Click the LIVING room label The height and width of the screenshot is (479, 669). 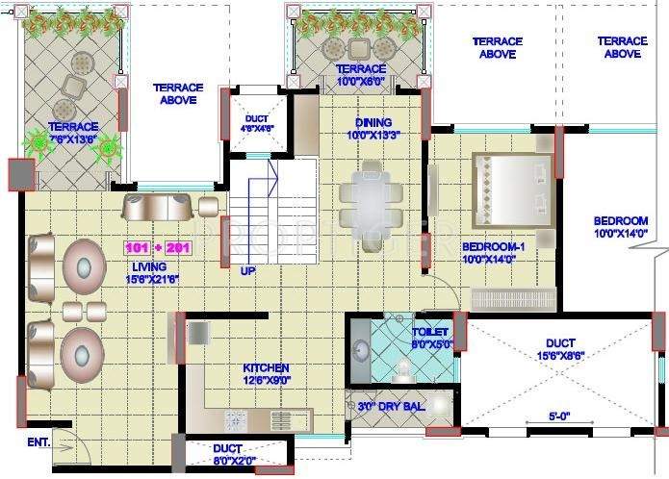[149, 266]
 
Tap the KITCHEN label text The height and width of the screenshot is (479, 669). [266, 368]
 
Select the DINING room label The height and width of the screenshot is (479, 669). [373, 122]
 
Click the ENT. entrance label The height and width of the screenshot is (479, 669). [39, 442]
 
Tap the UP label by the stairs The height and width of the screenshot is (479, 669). [247, 271]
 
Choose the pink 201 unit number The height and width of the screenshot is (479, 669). [179, 248]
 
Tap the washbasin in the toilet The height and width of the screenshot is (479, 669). [362, 348]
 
